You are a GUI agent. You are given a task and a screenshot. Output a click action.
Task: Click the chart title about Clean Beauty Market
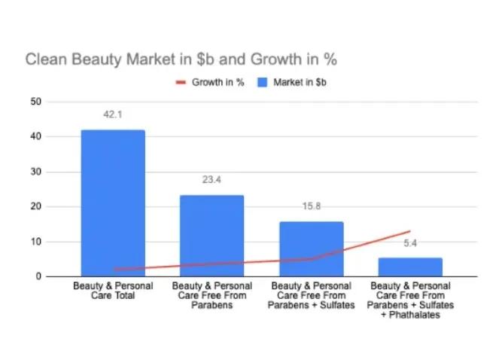pyautogui.click(x=181, y=59)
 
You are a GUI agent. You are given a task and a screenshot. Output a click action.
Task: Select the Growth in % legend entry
pyautogui.click(x=210, y=82)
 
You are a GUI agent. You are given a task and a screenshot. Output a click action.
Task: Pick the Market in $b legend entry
pyautogui.click(x=292, y=82)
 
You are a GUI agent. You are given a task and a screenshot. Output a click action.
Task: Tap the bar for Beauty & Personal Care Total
pyautogui.click(x=113, y=203)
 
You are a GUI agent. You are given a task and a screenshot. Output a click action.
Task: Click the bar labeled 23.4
pyautogui.click(x=212, y=236)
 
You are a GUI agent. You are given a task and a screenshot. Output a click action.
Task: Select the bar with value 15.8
pyautogui.click(x=312, y=249)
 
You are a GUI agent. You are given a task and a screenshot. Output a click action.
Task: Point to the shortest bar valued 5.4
pyautogui.click(x=410, y=267)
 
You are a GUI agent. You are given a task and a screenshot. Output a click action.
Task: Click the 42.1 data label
pyautogui.click(x=113, y=114)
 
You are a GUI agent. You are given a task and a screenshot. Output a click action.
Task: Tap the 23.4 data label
pyautogui.click(x=211, y=180)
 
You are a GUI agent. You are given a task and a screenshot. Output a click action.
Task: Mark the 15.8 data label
pyautogui.click(x=312, y=206)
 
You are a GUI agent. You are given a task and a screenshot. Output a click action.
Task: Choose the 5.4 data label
pyautogui.click(x=410, y=243)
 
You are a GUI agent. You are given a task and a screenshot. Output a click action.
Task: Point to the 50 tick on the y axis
pyautogui.click(x=36, y=102)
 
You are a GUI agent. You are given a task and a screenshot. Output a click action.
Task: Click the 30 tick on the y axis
pyautogui.click(x=36, y=172)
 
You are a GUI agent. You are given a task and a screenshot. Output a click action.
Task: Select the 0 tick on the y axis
pyautogui.click(x=38, y=276)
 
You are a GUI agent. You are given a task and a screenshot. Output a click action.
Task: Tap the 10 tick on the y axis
pyautogui.click(x=36, y=242)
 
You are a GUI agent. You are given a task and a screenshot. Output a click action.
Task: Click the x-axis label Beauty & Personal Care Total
pyautogui.click(x=113, y=291)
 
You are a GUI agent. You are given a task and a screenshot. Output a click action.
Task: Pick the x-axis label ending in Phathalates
pyautogui.click(x=410, y=300)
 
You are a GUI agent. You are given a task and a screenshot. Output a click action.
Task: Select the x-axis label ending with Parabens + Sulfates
pyautogui.click(x=311, y=295)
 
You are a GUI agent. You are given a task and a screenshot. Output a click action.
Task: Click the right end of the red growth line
pyautogui.click(x=410, y=231)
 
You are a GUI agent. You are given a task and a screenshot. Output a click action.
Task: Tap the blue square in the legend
pyautogui.click(x=262, y=82)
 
